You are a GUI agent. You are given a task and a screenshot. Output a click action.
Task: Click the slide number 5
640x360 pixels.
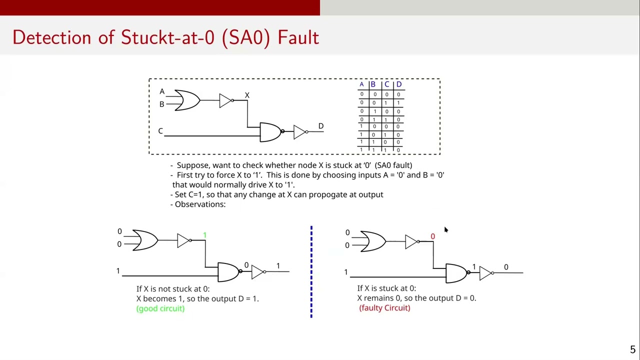click(632, 349)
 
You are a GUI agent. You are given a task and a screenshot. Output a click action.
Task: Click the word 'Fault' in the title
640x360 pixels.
click(298, 37)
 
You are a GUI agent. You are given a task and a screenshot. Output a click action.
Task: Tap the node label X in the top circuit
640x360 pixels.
click(247, 95)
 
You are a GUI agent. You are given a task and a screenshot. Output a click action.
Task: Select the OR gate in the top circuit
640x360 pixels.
click(187, 100)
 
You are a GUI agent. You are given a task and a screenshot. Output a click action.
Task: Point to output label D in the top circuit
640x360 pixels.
click(321, 126)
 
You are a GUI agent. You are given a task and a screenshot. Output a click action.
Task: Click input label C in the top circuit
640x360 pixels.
click(160, 131)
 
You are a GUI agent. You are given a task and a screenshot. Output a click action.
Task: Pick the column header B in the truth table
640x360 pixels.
click(373, 84)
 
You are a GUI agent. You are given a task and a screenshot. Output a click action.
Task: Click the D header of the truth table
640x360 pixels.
click(399, 84)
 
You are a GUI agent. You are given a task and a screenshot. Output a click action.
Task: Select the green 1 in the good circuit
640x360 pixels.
click(204, 235)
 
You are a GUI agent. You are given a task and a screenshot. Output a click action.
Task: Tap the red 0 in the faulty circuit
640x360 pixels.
click(432, 236)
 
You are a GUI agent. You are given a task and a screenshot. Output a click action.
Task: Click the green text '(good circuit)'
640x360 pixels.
click(160, 308)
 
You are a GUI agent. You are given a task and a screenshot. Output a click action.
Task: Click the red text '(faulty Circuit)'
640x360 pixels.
click(384, 308)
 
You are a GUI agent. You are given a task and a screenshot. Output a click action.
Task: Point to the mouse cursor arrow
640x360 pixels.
click(446, 229)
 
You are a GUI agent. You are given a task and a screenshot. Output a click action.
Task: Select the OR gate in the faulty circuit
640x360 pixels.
click(373, 241)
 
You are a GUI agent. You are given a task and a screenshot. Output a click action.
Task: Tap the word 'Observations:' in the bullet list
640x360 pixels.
click(200, 204)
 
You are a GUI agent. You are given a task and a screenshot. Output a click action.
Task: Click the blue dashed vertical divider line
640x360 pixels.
click(311, 271)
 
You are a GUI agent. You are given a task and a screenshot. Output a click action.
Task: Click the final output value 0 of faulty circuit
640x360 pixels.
click(506, 267)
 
